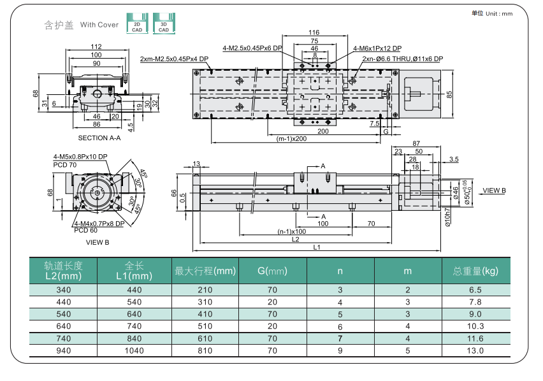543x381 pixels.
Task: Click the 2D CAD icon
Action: coord(137,24)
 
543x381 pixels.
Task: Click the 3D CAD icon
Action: coord(164,24)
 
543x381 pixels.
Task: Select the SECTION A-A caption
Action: coord(99,138)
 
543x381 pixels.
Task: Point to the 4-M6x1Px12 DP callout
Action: coord(377,48)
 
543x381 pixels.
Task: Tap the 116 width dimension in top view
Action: coord(314,32)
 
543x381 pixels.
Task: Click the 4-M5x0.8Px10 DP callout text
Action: coord(80,157)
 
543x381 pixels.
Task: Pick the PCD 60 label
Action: coord(86,231)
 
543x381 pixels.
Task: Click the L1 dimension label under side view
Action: coord(317,247)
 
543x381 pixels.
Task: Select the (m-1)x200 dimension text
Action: coord(292,139)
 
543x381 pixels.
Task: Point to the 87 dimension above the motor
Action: coord(416,143)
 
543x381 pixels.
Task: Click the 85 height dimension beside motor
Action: coord(449,94)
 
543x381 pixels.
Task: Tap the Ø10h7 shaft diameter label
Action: coord(448,217)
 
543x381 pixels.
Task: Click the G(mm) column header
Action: coord(273,271)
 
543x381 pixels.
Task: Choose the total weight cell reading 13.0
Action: coord(475,350)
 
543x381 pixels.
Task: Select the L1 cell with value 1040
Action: coord(134,350)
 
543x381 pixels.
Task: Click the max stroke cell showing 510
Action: coord(205,326)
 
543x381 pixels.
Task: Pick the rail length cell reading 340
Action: coord(64,290)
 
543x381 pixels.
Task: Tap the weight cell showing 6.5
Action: coord(475,290)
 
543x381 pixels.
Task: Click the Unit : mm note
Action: coord(499,14)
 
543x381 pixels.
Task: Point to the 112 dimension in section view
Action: coord(96,47)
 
